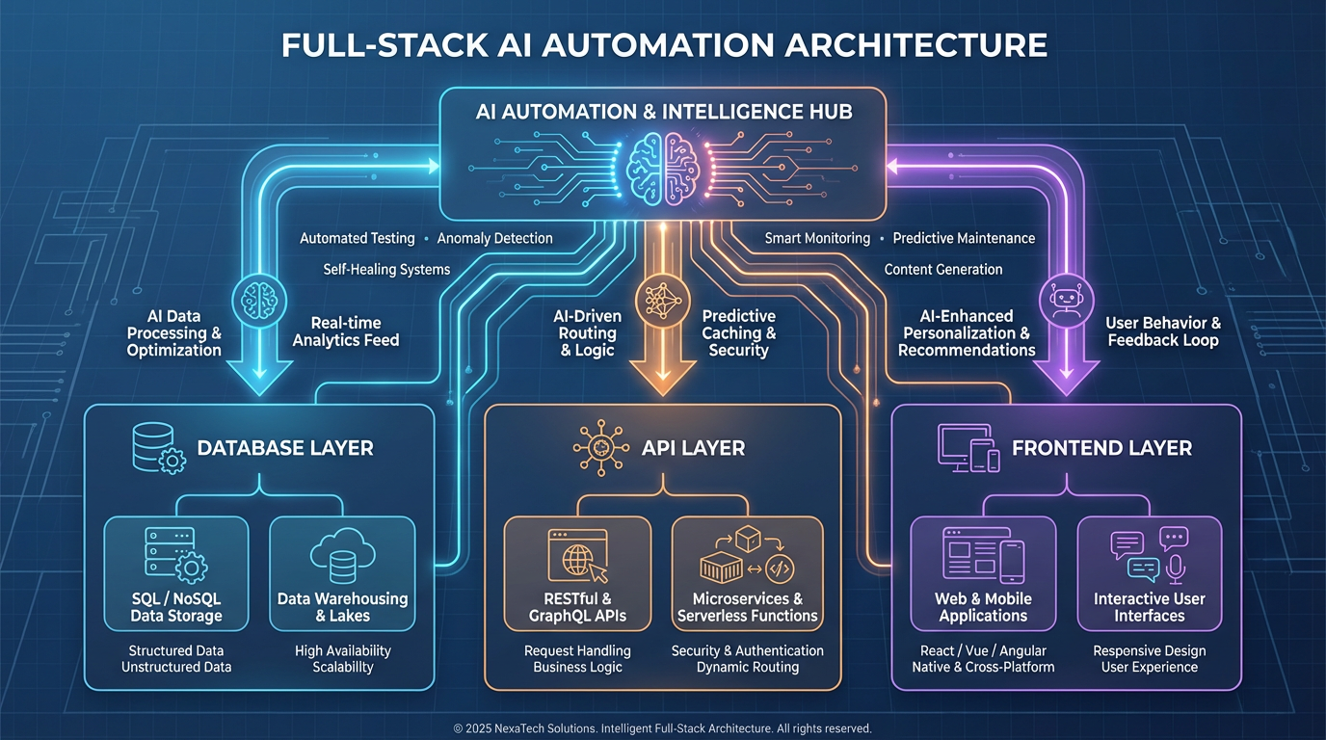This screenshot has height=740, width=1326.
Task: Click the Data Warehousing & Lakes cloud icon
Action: (x=342, y=553)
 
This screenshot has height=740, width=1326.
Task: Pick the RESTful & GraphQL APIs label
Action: (x=577, y=607)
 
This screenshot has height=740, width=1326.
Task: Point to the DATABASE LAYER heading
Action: (x=284, y=448)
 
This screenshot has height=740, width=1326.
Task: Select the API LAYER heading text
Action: (x=693, y=448)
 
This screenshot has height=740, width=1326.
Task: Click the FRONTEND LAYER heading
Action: (x=1101, y=448)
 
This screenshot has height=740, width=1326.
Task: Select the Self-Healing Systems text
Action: (x=386, y=270)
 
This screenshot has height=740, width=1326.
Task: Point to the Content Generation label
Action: (x=942, y=270)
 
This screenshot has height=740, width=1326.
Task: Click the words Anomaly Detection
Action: (x=495, y=238)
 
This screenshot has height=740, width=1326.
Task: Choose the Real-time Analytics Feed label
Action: (x=345, y=331)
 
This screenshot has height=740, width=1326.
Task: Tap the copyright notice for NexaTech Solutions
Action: (x=662, y=728)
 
